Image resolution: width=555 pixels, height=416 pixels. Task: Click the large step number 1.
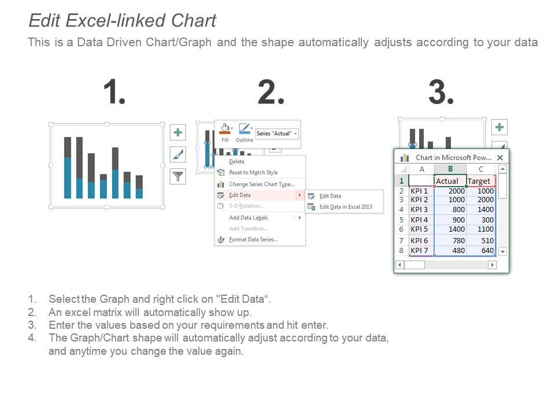pos(114,92)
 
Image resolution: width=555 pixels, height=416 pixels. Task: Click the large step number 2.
pos(271,92)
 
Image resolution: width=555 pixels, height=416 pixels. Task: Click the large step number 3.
pos(441,92)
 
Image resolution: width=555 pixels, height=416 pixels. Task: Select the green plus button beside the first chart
pos(177,132)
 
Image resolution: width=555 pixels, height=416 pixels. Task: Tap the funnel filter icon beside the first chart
pos(177,176)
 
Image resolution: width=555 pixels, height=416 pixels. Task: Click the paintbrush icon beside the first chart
pos(177,154)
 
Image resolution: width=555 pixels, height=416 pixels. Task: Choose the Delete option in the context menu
pos(236,162)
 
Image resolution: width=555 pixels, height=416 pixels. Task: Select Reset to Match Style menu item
pos(253,172)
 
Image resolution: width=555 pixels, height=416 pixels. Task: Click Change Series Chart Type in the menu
pos(261,184)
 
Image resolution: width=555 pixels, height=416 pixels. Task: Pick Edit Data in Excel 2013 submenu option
pos(346,207)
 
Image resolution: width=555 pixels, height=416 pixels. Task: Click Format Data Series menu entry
pos(253,239)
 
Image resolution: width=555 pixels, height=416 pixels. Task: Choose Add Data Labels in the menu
pos(248,218)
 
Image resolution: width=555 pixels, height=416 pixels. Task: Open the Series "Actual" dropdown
pos(277,134)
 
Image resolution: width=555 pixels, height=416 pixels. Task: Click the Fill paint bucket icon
pos(224,129)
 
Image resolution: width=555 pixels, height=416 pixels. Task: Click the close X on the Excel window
pos(500,157)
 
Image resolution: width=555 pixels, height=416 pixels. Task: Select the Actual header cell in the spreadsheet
pos(450,181)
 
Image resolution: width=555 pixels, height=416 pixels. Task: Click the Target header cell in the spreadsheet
pos(480,181)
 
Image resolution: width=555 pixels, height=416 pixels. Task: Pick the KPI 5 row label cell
pos(421,229)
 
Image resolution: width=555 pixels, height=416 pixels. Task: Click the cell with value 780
pos(450,240)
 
